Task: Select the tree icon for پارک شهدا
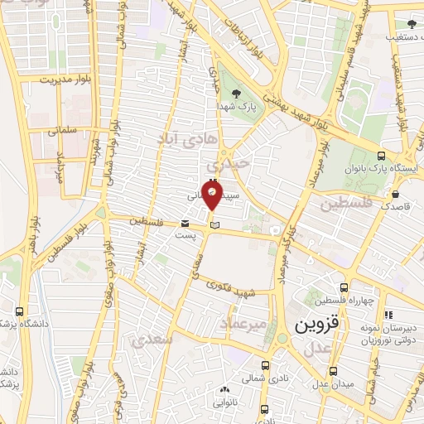[238, 93]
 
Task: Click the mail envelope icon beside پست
[185, 223]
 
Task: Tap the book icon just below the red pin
[214, 224]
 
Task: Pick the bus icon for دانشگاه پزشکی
[19, 312]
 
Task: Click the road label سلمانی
[62, 131]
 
